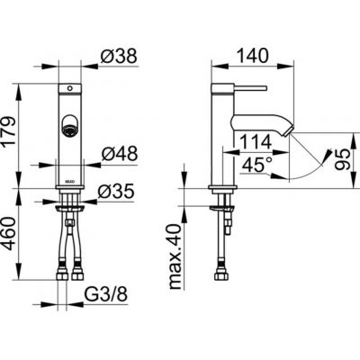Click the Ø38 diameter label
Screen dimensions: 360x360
click(x=119, y=56)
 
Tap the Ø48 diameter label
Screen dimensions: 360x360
click(x=120, y=154)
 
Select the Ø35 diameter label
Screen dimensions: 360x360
click(x=116, y=192)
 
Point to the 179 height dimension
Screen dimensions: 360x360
click(x=8, y=130)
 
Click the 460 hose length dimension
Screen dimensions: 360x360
click(x=8, y=234)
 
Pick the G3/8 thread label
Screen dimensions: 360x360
click(x=105, y=294)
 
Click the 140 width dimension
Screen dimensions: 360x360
click(x=252, y=56)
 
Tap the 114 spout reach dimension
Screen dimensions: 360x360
click(x=256, y=141)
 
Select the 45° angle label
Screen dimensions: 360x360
click(x=257, y=165)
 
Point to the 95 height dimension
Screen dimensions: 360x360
click(x=343, y=159)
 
